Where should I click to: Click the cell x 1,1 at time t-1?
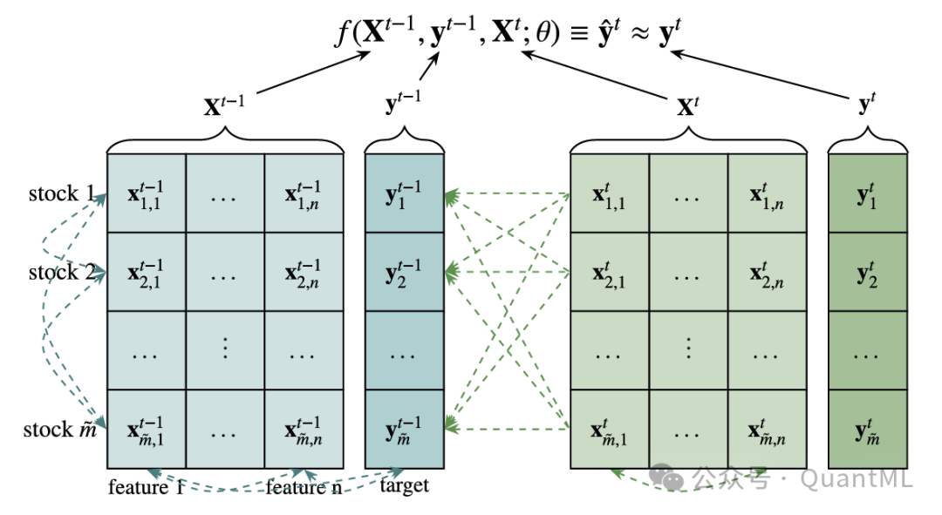(x=146, y=193)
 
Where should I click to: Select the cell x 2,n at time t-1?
(x=304, y=272)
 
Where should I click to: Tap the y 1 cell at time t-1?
(x=404, y=193)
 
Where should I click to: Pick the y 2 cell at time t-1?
(x=404, y=272)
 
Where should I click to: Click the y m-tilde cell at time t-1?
(x=404, y=429)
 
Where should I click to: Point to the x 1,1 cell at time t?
(x=609, y=193)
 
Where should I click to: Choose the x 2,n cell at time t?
(x=767, y=272)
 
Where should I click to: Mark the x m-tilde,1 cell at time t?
(x=609, y=429)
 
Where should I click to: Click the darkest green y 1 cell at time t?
(x=867, y=193)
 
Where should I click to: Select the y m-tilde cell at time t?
(x=867, y=429)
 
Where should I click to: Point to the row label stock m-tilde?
(x=60, y=430)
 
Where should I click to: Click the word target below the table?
(x=404, y=485)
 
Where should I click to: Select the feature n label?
(x=304, y=487)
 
